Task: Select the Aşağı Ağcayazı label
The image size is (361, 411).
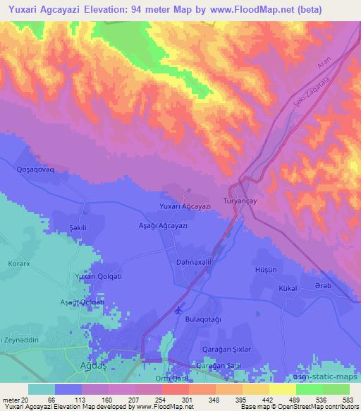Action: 162,225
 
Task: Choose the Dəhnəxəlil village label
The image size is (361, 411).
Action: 192,261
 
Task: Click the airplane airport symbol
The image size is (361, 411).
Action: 178,309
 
